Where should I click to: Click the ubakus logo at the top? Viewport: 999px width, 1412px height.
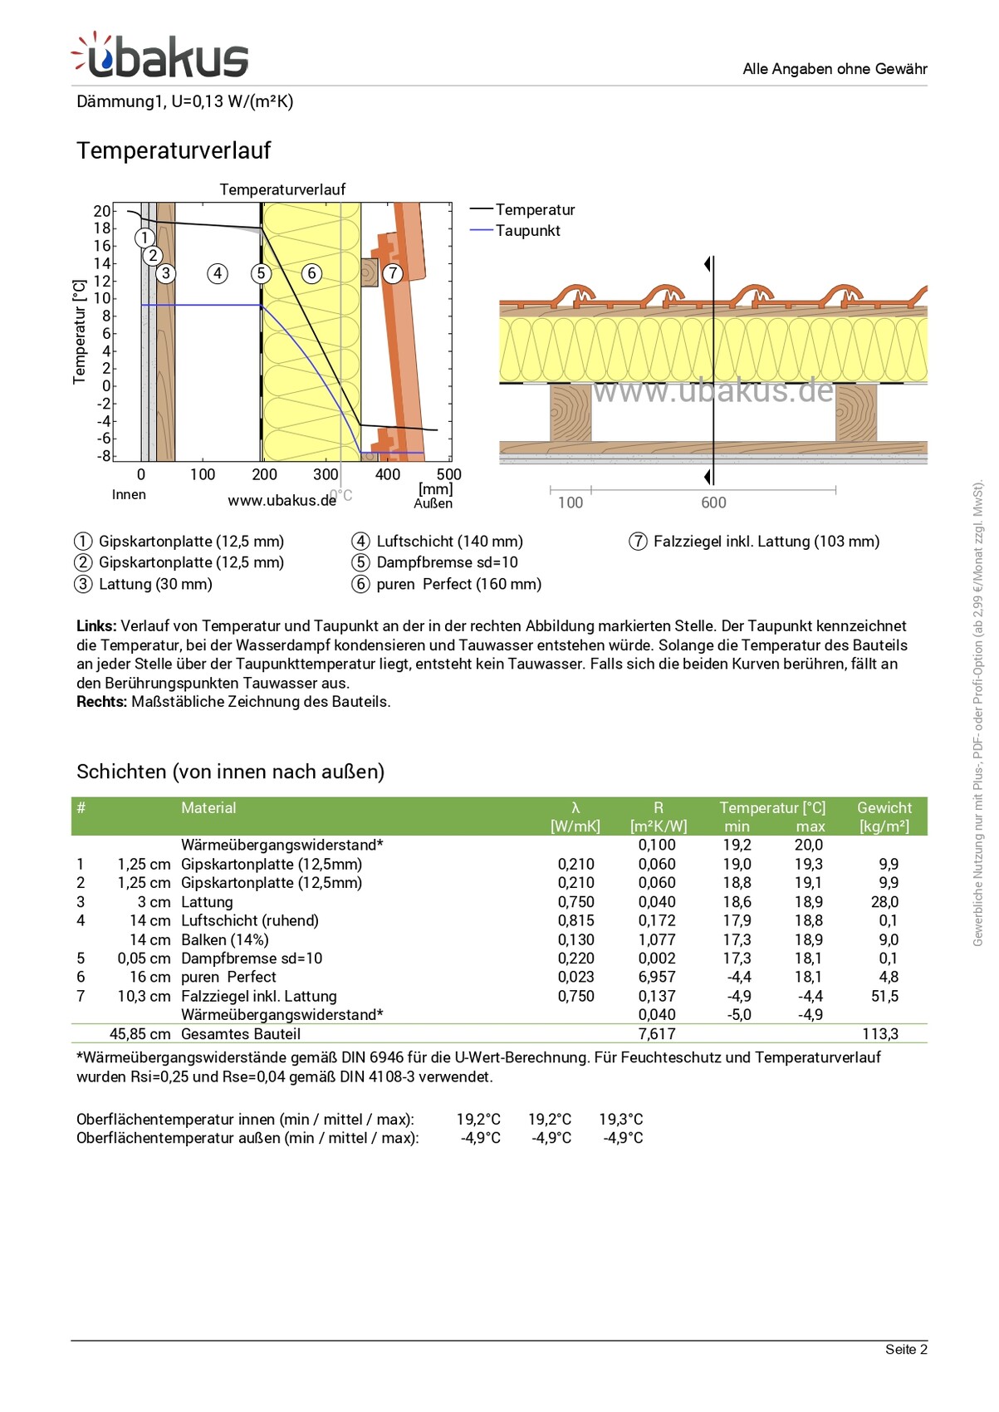point(160,56)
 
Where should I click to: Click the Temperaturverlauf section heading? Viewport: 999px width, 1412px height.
point(174,150)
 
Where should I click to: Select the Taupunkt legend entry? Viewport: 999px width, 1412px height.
point(527,231)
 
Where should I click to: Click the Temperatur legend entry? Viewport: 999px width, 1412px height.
point(535,210)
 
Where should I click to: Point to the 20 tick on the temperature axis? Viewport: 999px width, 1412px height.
point(101,211)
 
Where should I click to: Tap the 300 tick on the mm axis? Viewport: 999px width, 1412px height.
point(326,474)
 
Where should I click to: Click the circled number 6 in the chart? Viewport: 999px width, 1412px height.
point(311,273)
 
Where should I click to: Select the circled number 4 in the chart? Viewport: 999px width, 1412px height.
point(218,273)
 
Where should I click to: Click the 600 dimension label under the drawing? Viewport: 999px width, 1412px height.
point(713,503)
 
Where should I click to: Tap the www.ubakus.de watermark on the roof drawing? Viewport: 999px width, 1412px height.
point(713,390)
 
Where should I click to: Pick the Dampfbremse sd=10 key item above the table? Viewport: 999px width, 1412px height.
point(447,562)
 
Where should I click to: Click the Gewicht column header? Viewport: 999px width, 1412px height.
point(884,808)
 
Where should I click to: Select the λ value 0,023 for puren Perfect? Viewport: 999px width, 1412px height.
point(575,978)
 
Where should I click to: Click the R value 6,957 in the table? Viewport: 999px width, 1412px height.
point(657,978)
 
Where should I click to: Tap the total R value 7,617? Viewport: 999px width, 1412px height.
point(657,1034)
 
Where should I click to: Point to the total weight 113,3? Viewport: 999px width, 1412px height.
point(880,1034)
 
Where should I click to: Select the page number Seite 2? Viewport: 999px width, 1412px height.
point(906,1350)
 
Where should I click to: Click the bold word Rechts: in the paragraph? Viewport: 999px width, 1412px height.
point(101,702)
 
